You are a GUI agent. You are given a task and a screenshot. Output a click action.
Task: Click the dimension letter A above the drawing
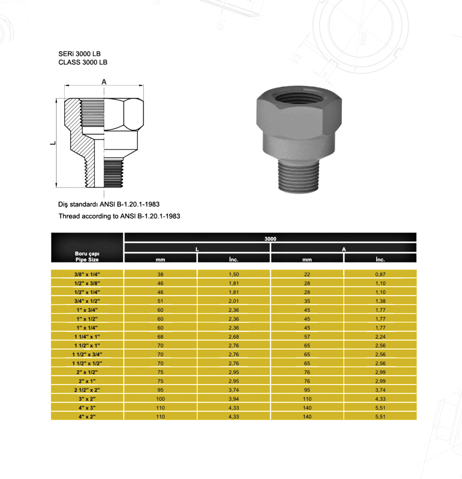[104, 82]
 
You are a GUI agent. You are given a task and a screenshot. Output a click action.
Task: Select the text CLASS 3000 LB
[83, 62]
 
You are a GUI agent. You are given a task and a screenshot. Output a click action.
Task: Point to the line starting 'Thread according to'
[119, 216]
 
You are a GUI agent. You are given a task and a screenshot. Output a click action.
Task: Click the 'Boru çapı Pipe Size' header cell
[87, 256]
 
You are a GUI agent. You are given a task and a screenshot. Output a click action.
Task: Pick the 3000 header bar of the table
[270, 238]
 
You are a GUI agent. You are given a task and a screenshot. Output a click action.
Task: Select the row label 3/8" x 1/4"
[87, 274]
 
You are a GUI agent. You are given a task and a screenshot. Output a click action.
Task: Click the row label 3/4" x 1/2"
[87, 301]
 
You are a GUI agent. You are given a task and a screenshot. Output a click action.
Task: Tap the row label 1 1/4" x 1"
[87, 336]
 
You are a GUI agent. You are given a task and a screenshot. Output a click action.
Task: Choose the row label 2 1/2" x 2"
[87, 389]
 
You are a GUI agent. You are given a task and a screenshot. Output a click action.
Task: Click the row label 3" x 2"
[87, 399]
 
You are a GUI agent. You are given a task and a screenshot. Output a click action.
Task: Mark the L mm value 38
[160, 274]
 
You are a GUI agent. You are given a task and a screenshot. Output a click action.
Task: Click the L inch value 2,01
[233, 301]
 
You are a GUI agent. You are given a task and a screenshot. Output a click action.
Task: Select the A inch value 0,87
[380, 274]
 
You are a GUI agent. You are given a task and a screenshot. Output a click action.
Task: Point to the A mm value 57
[307, 336]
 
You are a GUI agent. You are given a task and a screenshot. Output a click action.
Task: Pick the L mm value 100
[160, 399]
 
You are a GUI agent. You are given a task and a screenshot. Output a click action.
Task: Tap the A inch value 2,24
[380, 336]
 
